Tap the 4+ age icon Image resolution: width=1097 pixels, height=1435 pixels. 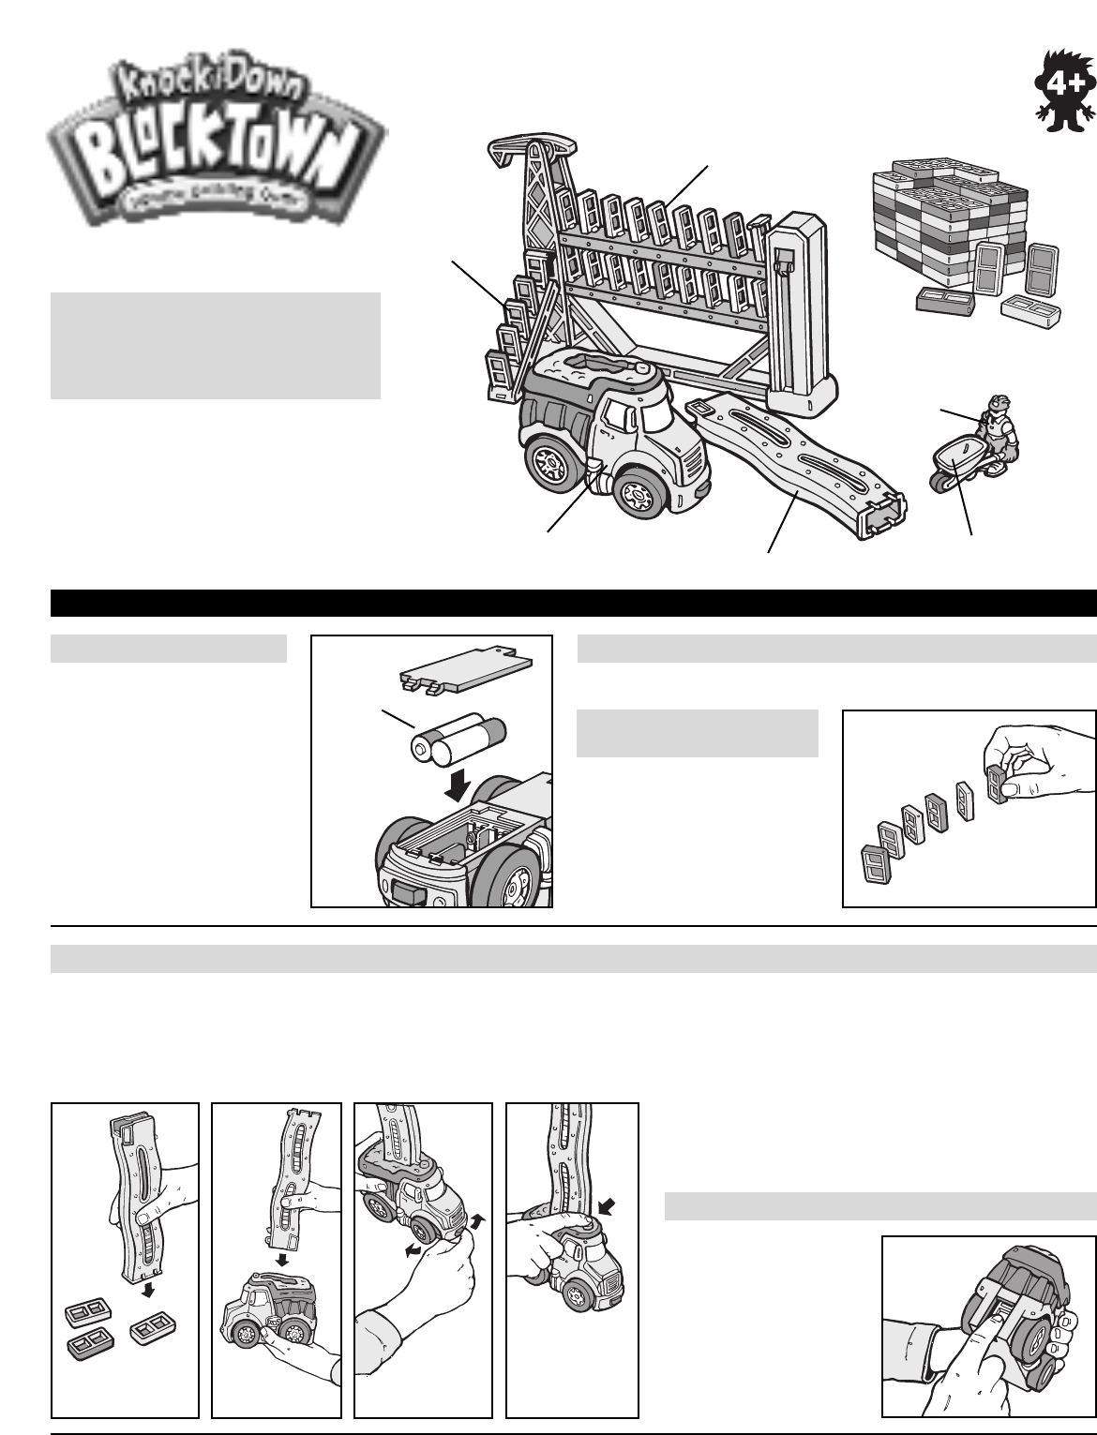(1058, 95)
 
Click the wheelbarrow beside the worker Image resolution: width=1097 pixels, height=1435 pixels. (953, 464)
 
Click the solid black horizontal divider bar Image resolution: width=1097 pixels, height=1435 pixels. (573, 602)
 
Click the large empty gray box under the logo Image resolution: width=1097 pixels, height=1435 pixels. (215, 346)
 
